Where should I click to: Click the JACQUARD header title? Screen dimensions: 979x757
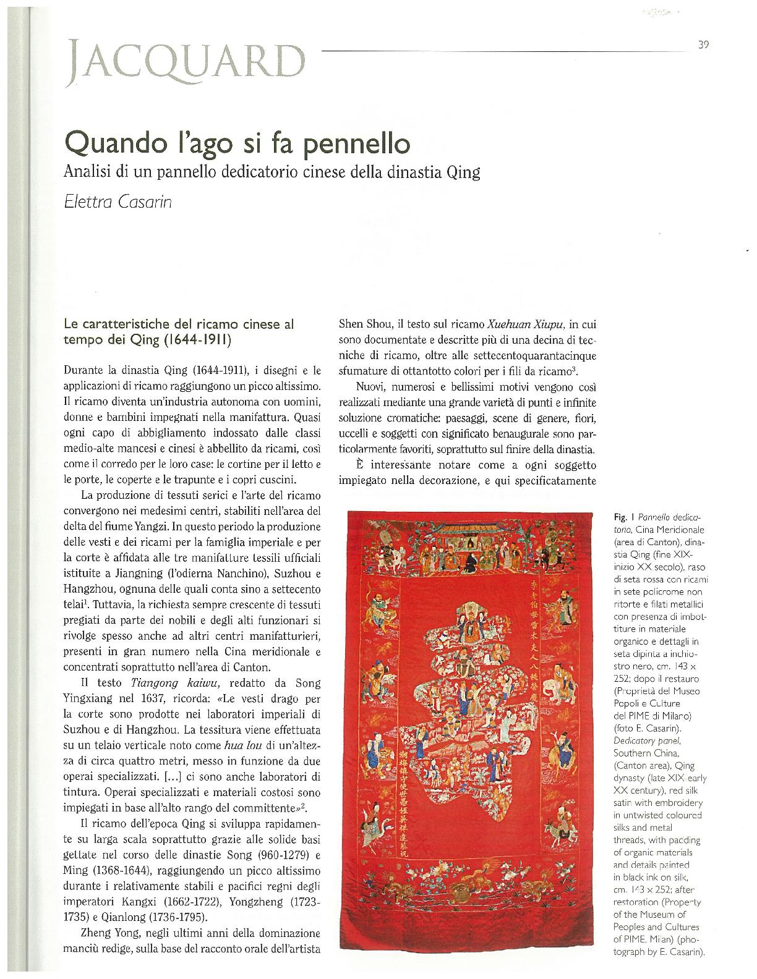189,59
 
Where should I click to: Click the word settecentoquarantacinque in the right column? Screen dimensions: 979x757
537,355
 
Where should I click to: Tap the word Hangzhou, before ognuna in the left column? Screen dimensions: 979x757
105,583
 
